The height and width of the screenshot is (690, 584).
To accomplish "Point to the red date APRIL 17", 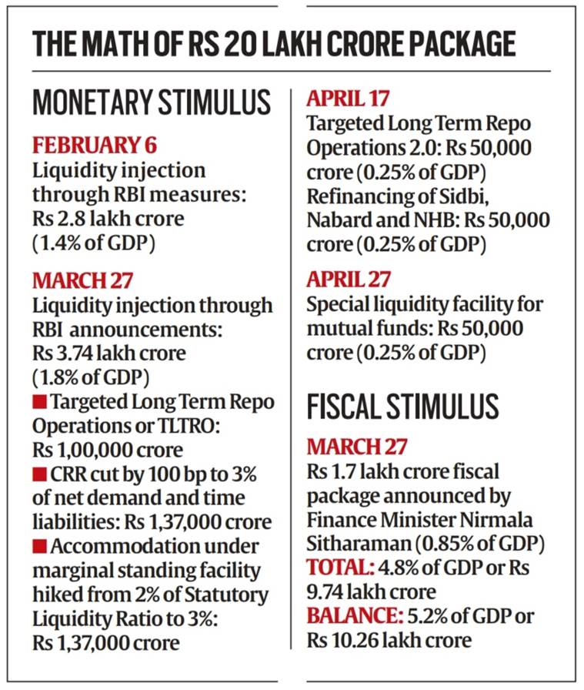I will point(348,99).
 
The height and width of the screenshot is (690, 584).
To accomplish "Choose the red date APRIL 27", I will point(349,279).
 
